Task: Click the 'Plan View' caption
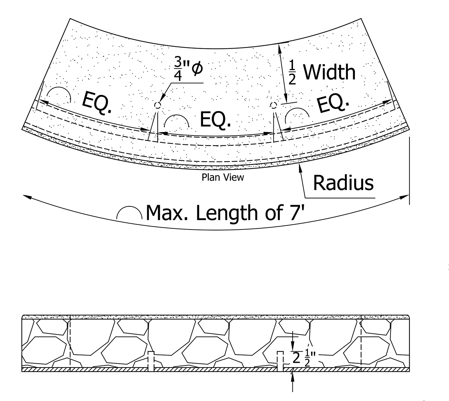click(x=222, y=177)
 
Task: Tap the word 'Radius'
click(x=343, y=183)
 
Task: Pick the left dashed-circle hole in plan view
click(x=157, y=105)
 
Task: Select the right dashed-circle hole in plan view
click(x=274, y=105)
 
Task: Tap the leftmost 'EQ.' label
click(x=97, y=103)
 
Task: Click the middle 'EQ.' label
click(x=215, y=120)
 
